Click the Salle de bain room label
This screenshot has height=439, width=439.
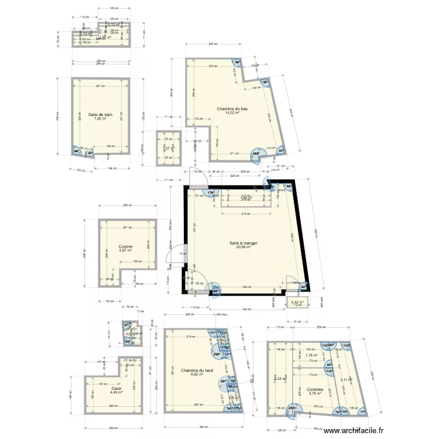coord(101,115)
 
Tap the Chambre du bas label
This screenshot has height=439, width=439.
coord(232,109)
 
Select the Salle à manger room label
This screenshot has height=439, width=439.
coord(243,243)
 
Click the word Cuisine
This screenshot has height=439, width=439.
coord(125,247)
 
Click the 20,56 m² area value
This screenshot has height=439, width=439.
coord(243,247)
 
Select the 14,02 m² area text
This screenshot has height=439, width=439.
coord(232,113)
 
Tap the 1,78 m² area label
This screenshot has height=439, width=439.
coord(311,355)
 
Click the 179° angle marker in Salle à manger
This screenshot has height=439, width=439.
coord(211,192)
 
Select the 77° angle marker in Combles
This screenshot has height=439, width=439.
coord(362,413)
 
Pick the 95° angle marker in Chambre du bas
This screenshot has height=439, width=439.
coord(265,83)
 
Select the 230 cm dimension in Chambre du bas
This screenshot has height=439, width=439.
coord(212,66)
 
